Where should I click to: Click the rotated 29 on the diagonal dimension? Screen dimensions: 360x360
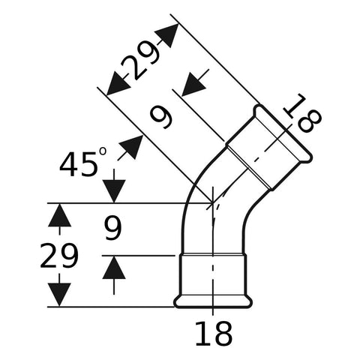pyautogui.click(x=140, y=61)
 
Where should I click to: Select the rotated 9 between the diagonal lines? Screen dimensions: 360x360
pyautogui.click(x=161, y=116)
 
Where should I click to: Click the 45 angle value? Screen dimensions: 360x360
pyautogui.click(x=79, y=164)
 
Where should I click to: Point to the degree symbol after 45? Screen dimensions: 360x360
pyautogui.click(x=103, y=151)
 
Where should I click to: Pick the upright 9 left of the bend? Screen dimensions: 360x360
pyautogui.click(x=112, y=229)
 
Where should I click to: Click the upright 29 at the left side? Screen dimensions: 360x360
pyautogui.click(x=59, y=256)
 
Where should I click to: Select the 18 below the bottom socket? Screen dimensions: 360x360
pyautogui.click(x=214, y=334)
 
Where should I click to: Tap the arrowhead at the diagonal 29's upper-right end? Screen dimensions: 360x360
pyautogui.click(x=168, y=35)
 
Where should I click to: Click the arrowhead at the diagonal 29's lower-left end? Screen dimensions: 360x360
pyautogui.click(x=117, y=84)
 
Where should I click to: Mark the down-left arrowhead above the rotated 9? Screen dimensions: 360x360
pyautogui.click(x=193, y=85)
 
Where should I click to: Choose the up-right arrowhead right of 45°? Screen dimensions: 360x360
pyautogui.click(x=131, y=147)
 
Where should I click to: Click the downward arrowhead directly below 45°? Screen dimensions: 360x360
pyautogui.click(x=114, y=191)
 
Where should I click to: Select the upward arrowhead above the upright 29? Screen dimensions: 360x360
pyautogui.click(x=59, y=215)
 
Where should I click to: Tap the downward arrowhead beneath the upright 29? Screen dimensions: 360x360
pyautogui.click(x=59, y=295)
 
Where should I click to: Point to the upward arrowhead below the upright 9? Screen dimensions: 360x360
pyautogui.click(x=114, y=268)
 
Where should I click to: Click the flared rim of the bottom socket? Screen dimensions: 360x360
pyautogui.click(x=213, y=301)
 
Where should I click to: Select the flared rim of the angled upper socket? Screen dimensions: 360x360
pyautogui.click(x=283, y=134)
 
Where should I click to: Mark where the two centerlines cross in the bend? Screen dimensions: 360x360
pyautogui.click(x=212, y=203)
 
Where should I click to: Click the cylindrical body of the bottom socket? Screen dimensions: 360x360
pyautogui.click(x=213, y=275)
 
